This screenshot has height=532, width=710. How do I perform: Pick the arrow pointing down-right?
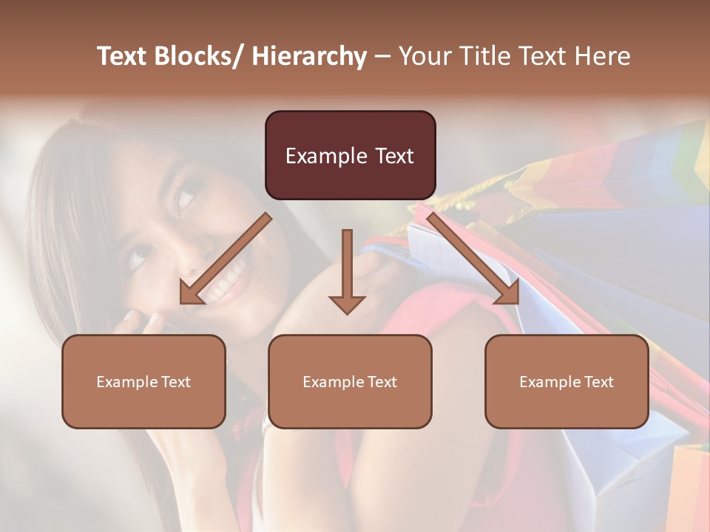point(474,259)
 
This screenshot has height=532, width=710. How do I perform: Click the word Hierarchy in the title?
point(309,56)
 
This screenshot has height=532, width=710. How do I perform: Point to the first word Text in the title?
point(124,56)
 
